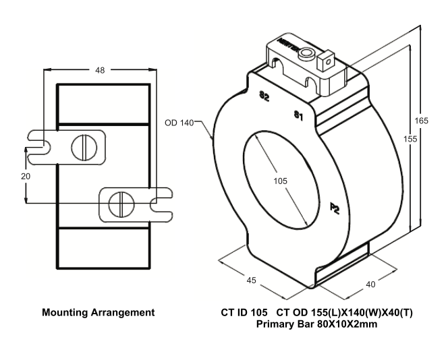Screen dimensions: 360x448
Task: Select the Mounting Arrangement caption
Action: point(98,313)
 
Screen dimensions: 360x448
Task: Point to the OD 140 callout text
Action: point(179,123)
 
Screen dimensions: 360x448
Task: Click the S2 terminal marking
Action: point(264,96)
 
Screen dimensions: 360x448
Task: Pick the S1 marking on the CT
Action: point(298,115)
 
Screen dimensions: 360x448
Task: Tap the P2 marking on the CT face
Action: point(334,208)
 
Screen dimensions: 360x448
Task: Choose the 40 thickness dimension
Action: point(370,284)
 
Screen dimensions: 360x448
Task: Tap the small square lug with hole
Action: point(327,63)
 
